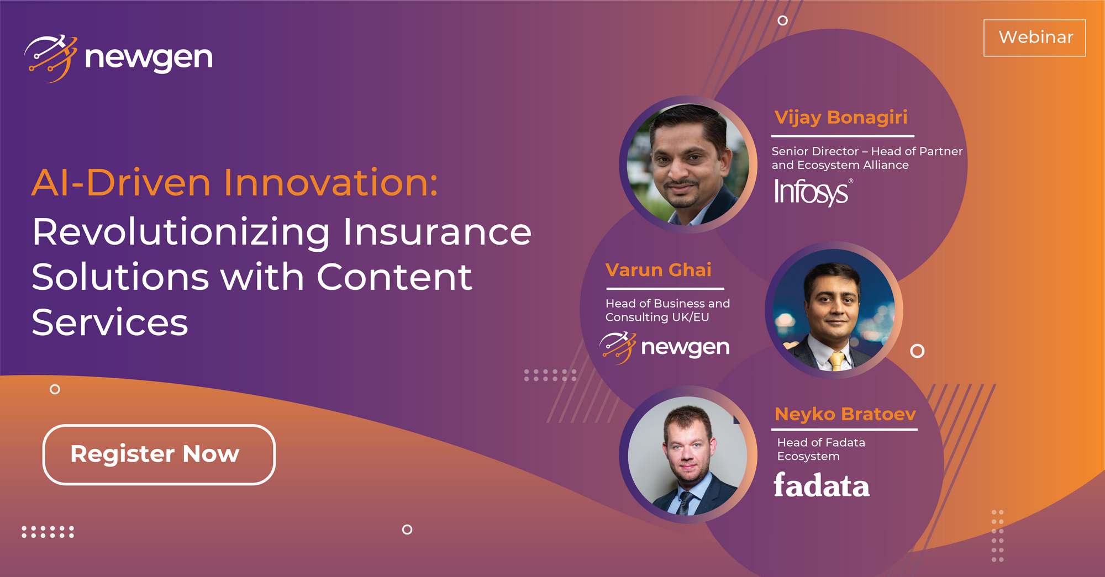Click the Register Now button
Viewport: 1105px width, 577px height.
click(159, 454)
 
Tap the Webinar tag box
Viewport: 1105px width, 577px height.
click(1034, 38)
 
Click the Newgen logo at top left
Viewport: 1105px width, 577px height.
click(118, 58)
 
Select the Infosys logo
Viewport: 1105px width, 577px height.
click(812, 192)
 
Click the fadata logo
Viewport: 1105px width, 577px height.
click(821, 485)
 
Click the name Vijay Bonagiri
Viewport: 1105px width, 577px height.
click(840, 117)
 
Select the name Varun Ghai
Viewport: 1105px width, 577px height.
click(658, 270)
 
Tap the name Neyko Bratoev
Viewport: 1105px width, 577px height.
click(845, 414)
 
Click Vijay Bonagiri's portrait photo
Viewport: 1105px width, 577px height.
click(688, 165)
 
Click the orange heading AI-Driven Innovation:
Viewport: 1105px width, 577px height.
click(235, 183)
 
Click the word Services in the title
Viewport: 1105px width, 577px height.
click(110, 322)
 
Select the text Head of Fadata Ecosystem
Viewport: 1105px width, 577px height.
click(820, 449)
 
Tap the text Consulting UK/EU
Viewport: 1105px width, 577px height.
click(657, 317)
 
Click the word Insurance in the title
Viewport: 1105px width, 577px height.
click(436, 232)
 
